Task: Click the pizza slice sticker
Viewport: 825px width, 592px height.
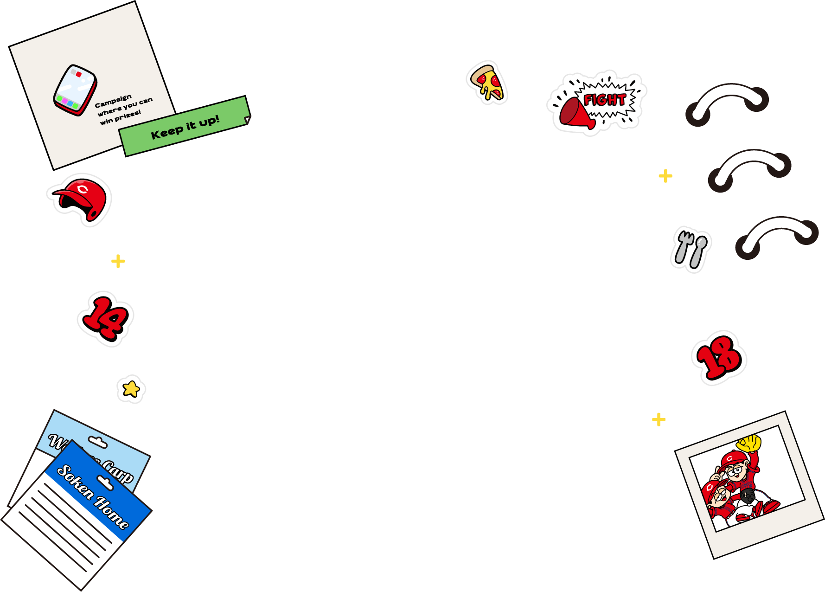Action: [x=487, y=83]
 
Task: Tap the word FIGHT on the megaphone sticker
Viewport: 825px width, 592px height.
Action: [x=604, y=100]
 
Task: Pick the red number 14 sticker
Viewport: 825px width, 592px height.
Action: [x=105, y=319]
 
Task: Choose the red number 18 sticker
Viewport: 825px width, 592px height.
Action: [x=719, y=358]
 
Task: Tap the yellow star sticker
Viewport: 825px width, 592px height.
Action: [x=131, y=389]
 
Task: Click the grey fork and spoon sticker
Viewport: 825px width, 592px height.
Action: [x=691, y=249]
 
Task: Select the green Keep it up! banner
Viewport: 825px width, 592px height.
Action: [x=185, y=127]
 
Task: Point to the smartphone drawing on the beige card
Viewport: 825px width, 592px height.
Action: [x=75, y=90]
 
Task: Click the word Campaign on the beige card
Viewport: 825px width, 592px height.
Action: [x=113, y=101]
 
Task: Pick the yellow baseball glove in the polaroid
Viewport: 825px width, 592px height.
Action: [x=749, y=443]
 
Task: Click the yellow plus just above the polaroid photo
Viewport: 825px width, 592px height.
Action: [x=659, y=420]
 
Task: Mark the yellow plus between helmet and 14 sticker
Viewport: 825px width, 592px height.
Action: [x=118, y=261]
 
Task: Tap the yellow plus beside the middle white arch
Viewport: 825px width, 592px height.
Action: [x=665, y=176]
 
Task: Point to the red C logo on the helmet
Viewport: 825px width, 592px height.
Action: [x=83, y=189]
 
